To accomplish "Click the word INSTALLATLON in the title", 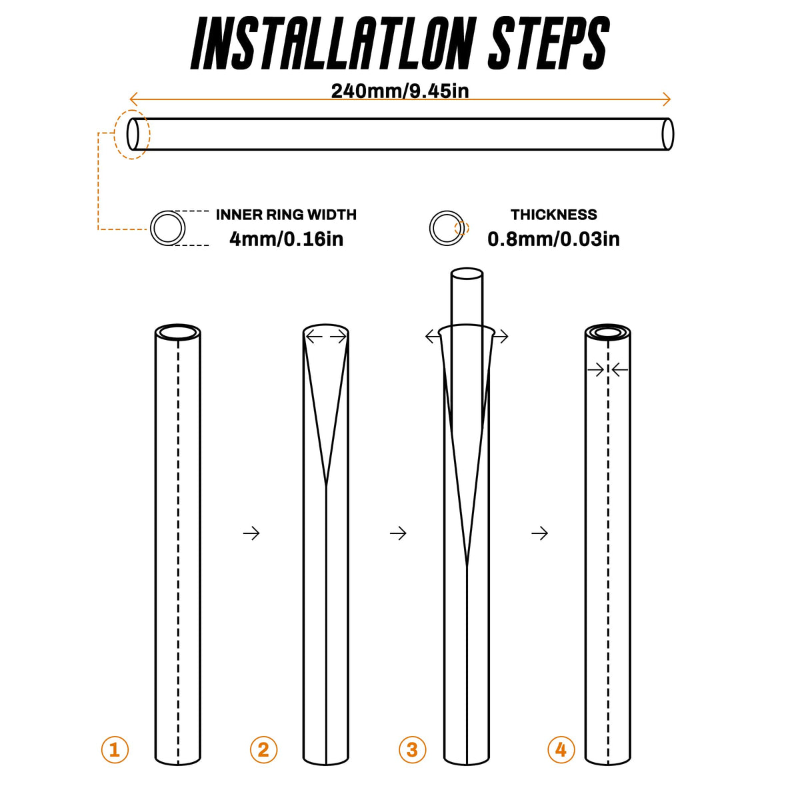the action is pyautogui.click(x=331, y=43).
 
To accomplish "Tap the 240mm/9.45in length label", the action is pyautogui.click(x=400, y=91).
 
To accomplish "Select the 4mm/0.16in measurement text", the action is pyautogui.click(x=287, y=239).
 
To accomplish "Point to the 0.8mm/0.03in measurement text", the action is pyautogui.click(x=553, y=239).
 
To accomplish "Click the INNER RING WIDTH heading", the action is pyautogui.click(x=286, y=215).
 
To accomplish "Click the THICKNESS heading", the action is pyautogui.click(x=554, y=215).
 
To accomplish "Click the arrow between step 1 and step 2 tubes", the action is pyautogui.click(x=251, y=533).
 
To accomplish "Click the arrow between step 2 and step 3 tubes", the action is pyautogui.click(x=398, y=533).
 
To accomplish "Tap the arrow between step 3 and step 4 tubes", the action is pyautogui.click(x=540, y=533).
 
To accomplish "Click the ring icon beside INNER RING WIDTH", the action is pyautogui.click(x=151, y=228).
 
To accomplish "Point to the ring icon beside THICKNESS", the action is pyautogui.click(x=430, y=228).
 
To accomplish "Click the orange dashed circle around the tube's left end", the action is pyautogui.click(x=115, y=135).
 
